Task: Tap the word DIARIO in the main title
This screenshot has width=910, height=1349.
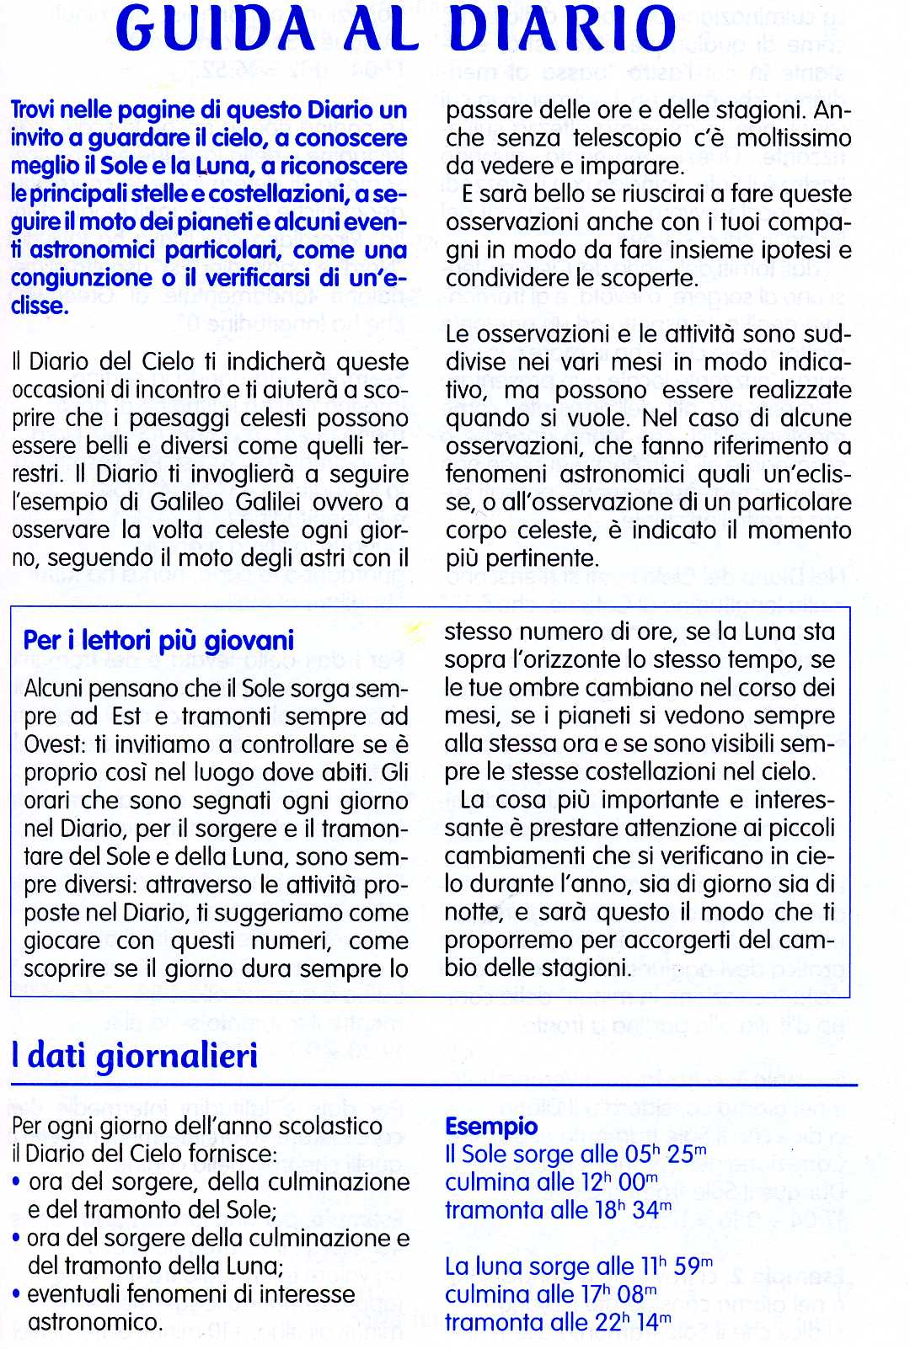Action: coord(564,30)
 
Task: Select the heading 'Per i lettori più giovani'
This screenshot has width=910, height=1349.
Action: coord(159,640)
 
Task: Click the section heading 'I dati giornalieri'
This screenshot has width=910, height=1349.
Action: coord(135,1056)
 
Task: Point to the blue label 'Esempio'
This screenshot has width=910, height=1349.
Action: coord(490,1126)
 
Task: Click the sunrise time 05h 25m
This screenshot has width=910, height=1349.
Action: coord(655,1154)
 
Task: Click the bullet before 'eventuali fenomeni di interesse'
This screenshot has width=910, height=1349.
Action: coord(17,1294)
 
